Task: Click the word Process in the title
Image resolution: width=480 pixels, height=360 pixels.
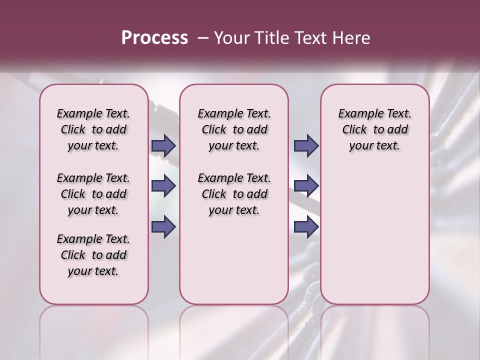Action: point(154,38)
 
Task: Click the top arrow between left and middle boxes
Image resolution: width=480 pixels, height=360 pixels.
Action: point(163,145)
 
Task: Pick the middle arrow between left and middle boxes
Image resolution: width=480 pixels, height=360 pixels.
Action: point(163,186)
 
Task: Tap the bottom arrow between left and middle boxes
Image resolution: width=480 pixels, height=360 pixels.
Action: point(163,226)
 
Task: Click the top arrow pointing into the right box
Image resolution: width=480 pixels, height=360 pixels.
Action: point(306,145)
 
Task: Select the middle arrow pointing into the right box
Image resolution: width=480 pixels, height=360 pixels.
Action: point(306,186)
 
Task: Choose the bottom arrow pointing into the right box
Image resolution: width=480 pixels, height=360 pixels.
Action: point(306,226)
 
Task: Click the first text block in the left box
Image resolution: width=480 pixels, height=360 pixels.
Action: point(93,129)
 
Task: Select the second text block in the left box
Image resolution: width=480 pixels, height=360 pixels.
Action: point(93,194)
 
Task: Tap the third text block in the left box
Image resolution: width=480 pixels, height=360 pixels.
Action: point(93,255)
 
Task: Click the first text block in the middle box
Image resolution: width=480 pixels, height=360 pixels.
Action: point(234,129)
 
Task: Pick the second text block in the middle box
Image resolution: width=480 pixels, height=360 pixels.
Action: point(234,194)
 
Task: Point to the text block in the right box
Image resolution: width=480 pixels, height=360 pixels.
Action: point(374,129)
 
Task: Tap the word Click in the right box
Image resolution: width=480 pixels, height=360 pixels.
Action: point(354,130)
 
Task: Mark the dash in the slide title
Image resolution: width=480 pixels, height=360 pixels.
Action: point(203,38)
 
